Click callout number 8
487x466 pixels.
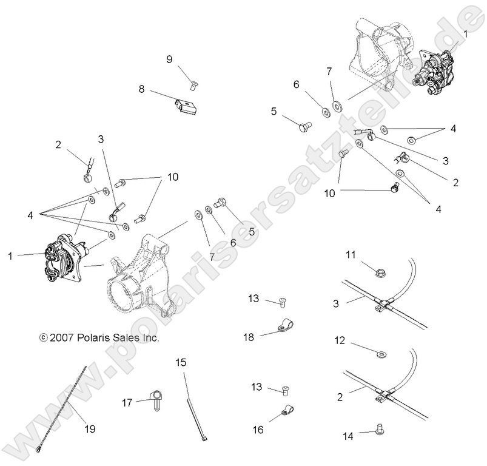click(141, 89)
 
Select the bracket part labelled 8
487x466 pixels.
click(184, 107)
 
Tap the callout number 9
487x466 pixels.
click(169, 59)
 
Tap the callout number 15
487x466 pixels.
click(181, 363)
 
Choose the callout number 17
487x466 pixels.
click(126, 402)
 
